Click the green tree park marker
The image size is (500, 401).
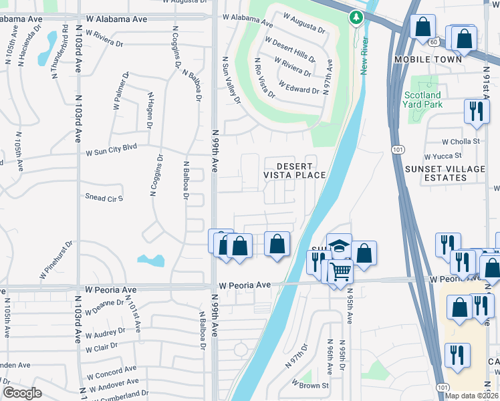(x=354, y=17)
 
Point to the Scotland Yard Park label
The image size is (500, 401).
(x=422, y=100)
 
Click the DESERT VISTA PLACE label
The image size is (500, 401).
(x=294, y=170)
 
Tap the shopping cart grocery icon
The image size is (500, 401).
(x=340, y=271)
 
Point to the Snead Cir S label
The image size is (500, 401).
(x=104, y=196)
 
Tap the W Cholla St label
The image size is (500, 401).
(x=461, y=141)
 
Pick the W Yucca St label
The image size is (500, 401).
(x=462, y=157)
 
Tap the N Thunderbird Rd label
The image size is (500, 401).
(x=59, y=50)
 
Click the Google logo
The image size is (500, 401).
(x=22, y=393)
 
